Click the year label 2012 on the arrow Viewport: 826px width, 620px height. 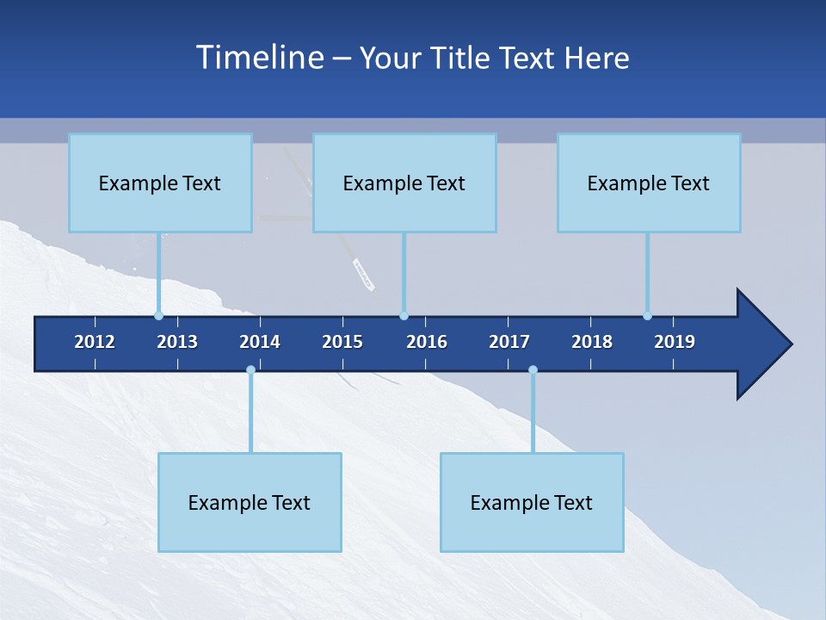(95, 342)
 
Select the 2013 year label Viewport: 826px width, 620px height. (177, 342)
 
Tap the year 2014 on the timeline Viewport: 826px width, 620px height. (260, 342)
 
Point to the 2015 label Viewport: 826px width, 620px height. (342, 342)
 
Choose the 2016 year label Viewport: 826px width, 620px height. (427, 342)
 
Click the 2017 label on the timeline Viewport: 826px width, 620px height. (509, 342)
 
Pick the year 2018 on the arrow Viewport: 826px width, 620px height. (592, 342)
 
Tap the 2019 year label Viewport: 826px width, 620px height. (675, 342)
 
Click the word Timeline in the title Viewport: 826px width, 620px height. (260, 58)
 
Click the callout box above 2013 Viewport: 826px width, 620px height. (160, 183)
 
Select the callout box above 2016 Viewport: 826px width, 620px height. (404, 183)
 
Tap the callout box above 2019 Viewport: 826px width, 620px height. (649, 183)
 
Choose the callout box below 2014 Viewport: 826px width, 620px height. (250, 502)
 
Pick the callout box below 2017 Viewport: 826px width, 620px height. (532, 502)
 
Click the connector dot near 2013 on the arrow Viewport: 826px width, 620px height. (158, 315)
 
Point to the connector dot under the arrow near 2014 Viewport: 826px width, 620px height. (250, 369)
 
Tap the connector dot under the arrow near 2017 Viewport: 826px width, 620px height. (533, 369)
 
